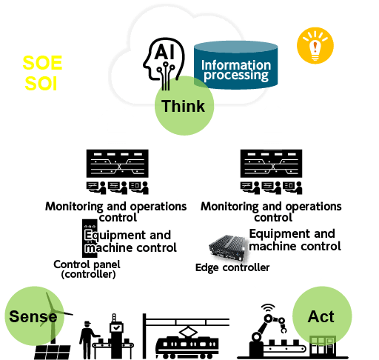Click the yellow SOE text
(x=42, y=63)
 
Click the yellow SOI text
(x=41, y=84)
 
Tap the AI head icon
(x=164, y=62)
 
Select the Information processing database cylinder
(x=236, y=65)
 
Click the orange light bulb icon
(x=315, y=46)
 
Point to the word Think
(x=184, y=106)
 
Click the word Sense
(x=33, y=316)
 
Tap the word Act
(x=321, y=316)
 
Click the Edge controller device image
(x=227, y=248)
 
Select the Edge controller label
(x=232, y=267)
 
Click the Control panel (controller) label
(x=87, y=269)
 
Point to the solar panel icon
(x=53, y=352)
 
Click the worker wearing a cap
(x=87, y=339)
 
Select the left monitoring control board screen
(x=118, y=164)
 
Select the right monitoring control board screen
(x=272, y=164)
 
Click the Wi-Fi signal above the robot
(x=268, y=308)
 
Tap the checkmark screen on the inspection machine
(x=116, y=328)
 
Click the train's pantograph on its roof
(x=188, y=331)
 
